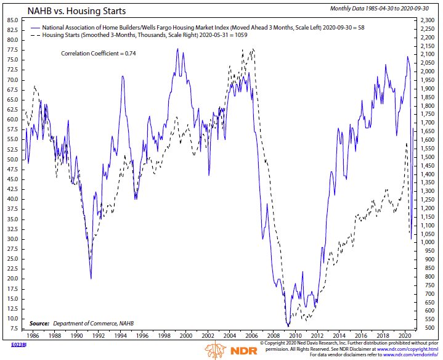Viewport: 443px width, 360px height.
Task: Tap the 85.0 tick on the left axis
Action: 12,20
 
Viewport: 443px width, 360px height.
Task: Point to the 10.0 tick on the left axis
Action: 12,318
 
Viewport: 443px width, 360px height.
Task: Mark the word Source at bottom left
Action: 39,324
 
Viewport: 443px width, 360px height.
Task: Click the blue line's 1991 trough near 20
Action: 91,278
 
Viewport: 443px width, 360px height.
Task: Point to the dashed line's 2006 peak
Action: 253,48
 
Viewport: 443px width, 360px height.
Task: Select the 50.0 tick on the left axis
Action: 12,159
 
